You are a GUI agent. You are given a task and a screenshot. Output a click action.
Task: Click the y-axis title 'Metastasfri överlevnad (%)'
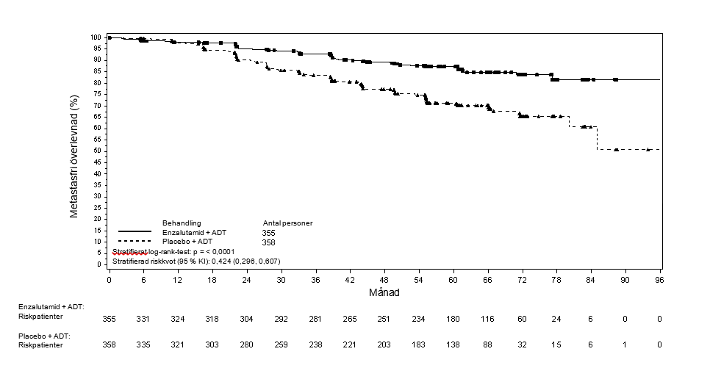(x=74, y=156)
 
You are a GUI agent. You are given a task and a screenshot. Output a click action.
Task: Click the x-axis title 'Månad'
(x=384, y=292)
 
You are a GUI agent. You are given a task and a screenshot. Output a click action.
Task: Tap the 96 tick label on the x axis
(x=659, y=280)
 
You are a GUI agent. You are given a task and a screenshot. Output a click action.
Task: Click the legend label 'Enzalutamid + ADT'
(x=194, y=233)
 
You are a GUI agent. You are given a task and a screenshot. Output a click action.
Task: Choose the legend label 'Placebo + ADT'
(x=187, y=242)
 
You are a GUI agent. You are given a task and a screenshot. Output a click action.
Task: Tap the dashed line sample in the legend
(x=135, y=241)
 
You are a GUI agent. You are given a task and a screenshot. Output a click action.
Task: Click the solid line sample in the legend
(x=135, y=231)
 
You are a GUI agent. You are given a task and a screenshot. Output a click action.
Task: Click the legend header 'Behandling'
(x=182, y=223)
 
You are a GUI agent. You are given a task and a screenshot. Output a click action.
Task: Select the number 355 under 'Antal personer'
(x=268, y=233)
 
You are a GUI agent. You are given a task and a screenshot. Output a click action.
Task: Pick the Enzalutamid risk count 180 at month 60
(x=453, y=319)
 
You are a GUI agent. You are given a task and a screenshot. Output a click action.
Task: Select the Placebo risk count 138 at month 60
(x=453, y=345)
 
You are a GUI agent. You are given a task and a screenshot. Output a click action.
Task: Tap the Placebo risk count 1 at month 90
(x=625, y=345)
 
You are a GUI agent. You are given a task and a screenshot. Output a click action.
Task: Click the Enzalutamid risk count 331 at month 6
(x=143, y=319)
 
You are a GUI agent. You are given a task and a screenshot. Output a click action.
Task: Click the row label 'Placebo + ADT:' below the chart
(x=44, y=336)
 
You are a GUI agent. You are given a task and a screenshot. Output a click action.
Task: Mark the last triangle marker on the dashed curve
(x=648, y=149)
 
